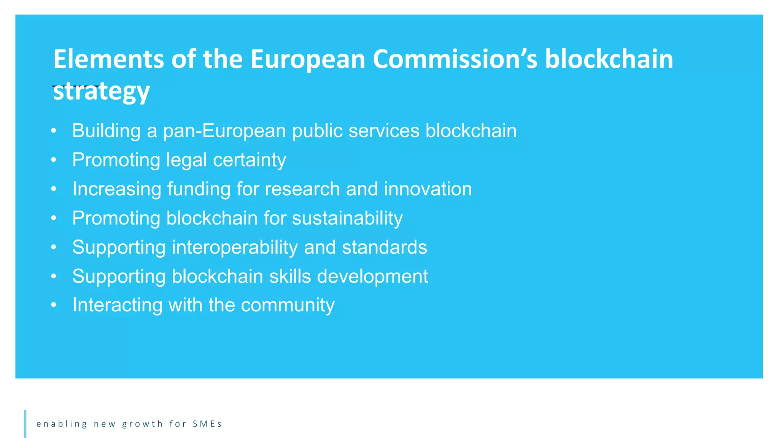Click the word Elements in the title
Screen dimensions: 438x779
(109, 59)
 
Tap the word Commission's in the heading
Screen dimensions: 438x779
(455, 59)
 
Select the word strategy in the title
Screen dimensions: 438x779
(101, 91)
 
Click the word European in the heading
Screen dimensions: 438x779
(307, 60)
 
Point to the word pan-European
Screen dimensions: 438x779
(224, 131)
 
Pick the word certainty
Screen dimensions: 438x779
(249, 160)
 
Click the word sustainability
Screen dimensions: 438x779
(347, 219)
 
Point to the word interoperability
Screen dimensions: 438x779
(235, 248)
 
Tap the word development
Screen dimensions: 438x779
(372, 277)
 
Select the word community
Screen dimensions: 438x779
(288, 305)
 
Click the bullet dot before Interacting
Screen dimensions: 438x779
(54, 305)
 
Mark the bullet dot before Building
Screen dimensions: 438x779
(54, 131)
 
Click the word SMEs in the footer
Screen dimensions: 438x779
(207, 424)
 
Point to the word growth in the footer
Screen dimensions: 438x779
(142, 424)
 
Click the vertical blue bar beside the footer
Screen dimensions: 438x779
(25, 424)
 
